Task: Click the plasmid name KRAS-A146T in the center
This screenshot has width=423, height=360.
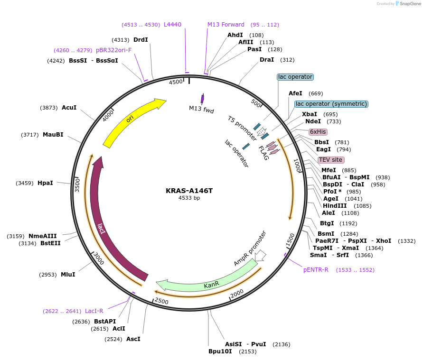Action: pyautogui.click(x=189, y=191)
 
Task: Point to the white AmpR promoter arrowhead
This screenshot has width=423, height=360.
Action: pyautogui.click(x=260, y=256)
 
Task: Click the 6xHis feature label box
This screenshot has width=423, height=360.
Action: pyautogui.click(x=318, y=132)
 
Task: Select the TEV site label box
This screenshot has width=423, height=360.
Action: pyautogui.click(x=330, y=160)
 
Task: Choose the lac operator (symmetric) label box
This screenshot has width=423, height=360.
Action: pyautogui.click(x=331, y=104)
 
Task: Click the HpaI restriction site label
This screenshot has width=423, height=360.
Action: pyautogui.click(x=45, y=183)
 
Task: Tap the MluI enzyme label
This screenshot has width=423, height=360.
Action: pyautogui.click(x=68, y=274)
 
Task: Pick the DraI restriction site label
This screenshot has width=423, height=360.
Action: pyautogui.click(x=267, y=60)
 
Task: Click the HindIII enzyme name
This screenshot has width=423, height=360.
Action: pyautogui.click(x=335, y=206)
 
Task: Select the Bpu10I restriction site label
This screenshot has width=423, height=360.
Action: pyautogui.click(x=220, y=351)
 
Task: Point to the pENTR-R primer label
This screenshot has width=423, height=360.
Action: pyautogui.click(x=316, y=270)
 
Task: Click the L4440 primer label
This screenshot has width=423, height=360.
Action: pyautogui.click(x=172, y=24)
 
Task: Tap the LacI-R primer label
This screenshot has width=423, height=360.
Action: pyautogui.click(x=94, y=311)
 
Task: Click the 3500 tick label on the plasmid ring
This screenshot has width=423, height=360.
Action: pyautogui.click(x=77, y=185)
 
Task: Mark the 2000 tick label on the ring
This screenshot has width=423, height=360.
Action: pyautogui.click(x=236, y=294)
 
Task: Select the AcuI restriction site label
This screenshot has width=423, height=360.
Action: pyautogui.click(x=69, y=108)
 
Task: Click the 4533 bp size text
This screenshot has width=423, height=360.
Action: pyautogui.click(x=189, y=198)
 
